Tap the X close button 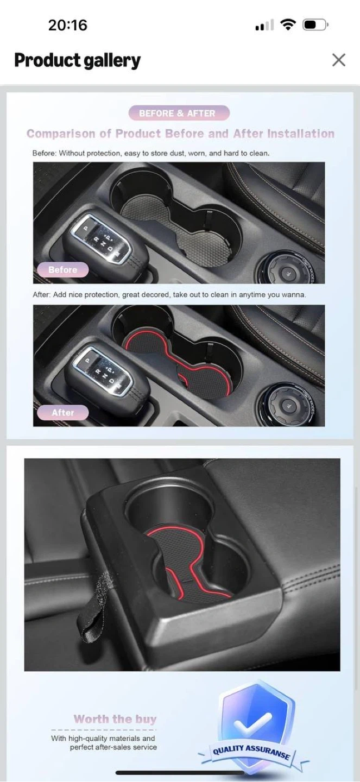point(339,60)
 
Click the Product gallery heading point(77,60)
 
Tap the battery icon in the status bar point(315,25)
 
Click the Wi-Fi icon point(288,25)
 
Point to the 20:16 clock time point(68,25)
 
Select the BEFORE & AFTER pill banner point(179,113)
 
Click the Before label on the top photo point(63,270)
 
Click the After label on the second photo point(63,413)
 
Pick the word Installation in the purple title point(301,134)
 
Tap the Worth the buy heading point(115,719)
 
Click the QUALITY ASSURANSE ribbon point(251,752)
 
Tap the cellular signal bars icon point(264,25)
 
